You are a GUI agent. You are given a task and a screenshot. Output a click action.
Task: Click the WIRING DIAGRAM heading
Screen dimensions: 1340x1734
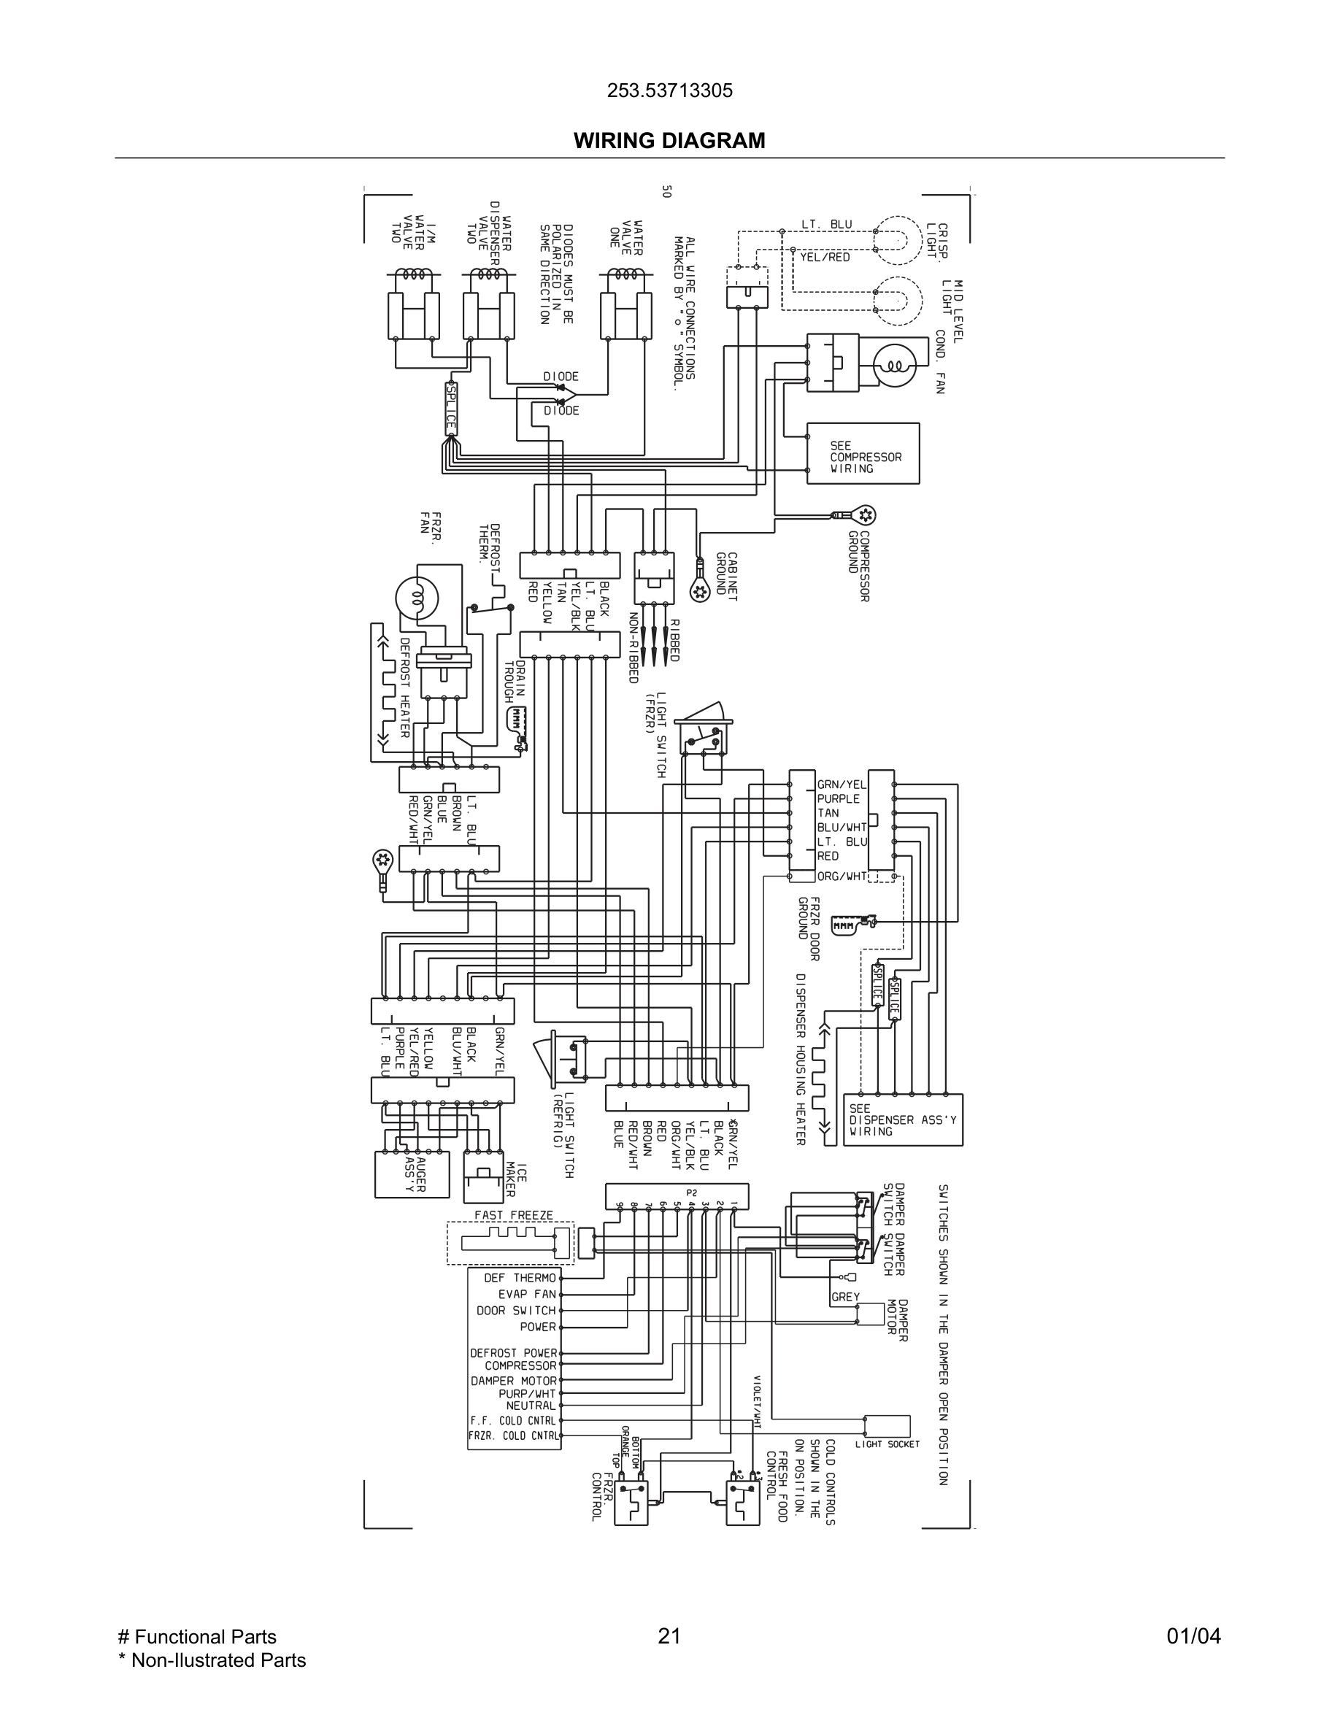(669, 141)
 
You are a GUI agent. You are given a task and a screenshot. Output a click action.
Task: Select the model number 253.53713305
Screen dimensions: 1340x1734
(669, 90)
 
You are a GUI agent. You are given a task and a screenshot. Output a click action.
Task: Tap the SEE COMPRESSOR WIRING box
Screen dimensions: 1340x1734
(863, 453)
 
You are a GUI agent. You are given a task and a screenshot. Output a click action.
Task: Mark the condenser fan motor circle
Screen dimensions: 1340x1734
(895, 366)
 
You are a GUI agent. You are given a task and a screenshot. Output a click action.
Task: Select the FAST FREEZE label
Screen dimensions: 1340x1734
(514, 1215)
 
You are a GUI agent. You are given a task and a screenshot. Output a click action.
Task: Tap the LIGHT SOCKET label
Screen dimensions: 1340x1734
(887, 1444)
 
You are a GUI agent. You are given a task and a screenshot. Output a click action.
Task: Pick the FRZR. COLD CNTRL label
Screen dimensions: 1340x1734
(513, 1436)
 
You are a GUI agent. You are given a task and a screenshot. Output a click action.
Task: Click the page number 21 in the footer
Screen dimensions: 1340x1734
(669, 1636)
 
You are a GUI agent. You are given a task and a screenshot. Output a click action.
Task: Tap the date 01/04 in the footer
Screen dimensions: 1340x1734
(1193, 1636)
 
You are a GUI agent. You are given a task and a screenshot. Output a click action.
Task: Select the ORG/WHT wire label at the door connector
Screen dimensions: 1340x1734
(842, 876)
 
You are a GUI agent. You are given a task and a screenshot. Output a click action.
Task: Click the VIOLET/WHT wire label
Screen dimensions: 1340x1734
(758, 1402)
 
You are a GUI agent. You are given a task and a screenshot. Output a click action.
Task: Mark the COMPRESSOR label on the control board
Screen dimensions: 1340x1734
(521, 1365)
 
